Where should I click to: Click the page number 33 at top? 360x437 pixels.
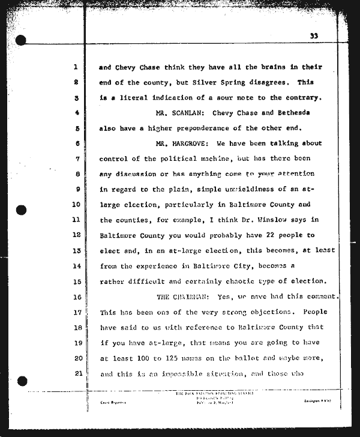(314, 36)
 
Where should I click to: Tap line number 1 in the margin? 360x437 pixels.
(77, 67)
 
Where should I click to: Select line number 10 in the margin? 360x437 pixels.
(76, 204)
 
